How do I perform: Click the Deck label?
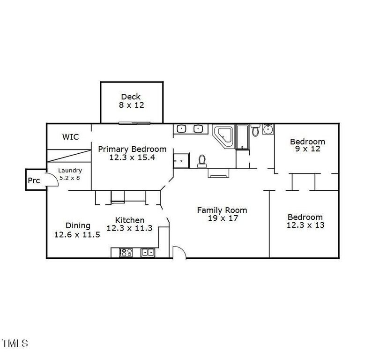(x=131, y=97)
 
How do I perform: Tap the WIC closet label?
(x=71, y=137)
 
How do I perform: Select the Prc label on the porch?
(x=34, y=180)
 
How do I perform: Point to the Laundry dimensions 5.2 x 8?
(x=70, y=178)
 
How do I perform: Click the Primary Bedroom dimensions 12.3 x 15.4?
(x=132, y=157)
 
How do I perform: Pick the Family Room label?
(x=222, y=210)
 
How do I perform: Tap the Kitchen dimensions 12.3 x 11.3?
(x=130, y=228)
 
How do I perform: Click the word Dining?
(x=78, y=226)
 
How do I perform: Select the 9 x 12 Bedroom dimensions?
(x=308, y=149)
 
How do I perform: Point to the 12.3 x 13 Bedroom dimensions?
(x=305, y=225)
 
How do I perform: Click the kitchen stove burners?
(x=126, y=252)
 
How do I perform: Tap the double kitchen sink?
(x=148, y=252)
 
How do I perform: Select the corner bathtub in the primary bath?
(x=223, y=136)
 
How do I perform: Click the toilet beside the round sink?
(x=255, y=130)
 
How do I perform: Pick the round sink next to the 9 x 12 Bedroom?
(x=268, y=129)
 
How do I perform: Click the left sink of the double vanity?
(x=181, y=128)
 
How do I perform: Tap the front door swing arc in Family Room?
(x=180, y=250)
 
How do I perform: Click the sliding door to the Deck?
(x=134, y=123)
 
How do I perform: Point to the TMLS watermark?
(x=15, y=343)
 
